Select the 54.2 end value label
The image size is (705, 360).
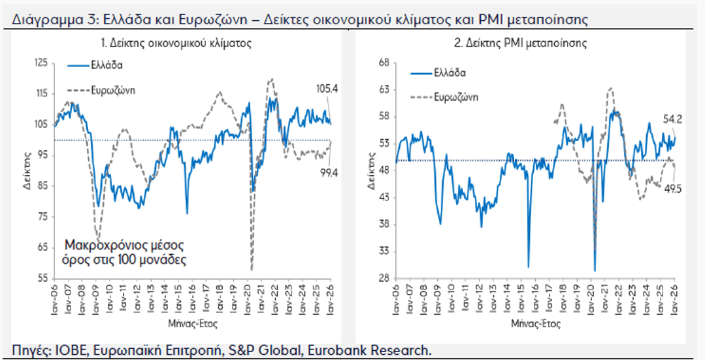point(673,120)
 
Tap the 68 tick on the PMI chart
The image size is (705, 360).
point(385,63)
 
